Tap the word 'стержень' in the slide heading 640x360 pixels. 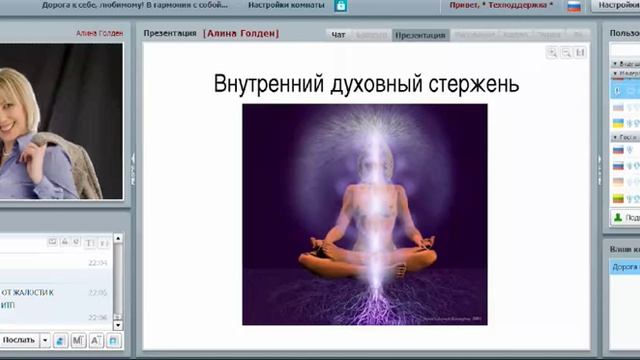474,84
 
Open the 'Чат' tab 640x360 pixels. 339,35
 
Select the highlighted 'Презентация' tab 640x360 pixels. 420,35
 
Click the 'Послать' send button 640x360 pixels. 18,340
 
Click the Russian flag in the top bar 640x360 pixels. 574,6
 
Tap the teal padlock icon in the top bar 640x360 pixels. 341,6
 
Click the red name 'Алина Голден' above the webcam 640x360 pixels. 101,33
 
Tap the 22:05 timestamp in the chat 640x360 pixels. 97,293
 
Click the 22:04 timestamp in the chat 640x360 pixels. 97,263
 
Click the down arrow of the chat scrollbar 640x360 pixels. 118,322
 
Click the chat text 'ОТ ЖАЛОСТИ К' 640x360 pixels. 28,292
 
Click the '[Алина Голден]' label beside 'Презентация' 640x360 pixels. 241,34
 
